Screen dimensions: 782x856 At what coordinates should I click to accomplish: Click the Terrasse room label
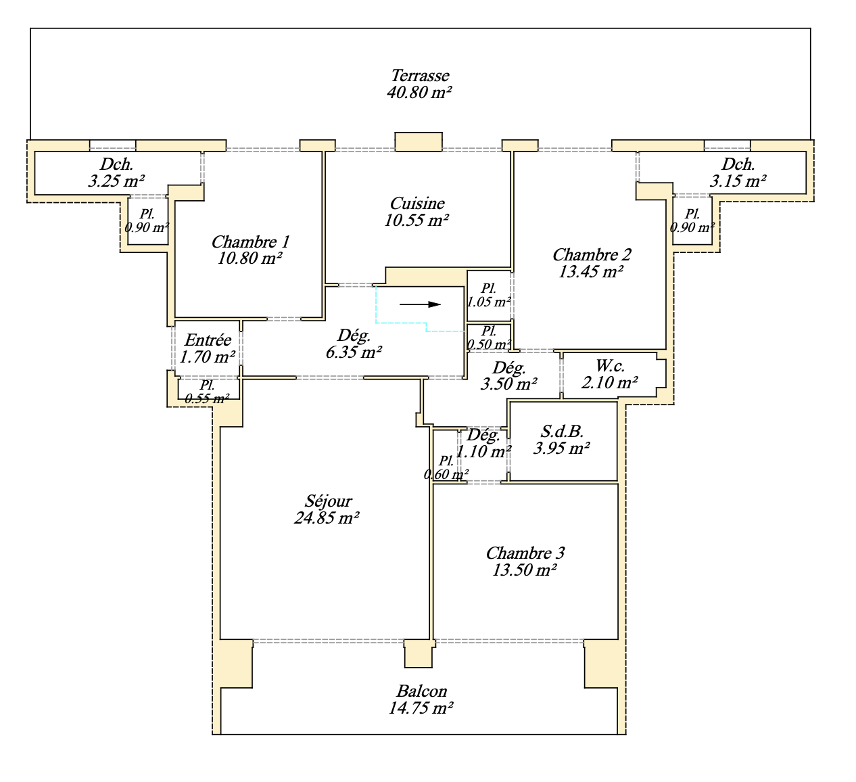tap(420, 76)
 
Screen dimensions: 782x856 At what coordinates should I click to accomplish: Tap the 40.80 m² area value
tap(419, 93)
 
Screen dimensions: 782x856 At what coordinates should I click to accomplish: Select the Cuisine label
tap(417, 204)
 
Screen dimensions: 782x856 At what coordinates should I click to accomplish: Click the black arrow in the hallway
tap(420, 304)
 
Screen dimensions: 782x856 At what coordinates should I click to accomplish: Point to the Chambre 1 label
tap(250, 242)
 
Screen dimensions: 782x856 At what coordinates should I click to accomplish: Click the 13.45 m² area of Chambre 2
tap(591, 272)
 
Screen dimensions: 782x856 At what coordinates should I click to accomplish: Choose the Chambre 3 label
tap(525, 553)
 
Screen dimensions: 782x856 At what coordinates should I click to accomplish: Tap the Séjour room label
tap(328, 501)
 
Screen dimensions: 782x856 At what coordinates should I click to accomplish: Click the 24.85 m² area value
tap(327, 518)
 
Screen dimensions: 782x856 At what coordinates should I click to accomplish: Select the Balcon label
tap(421, 691)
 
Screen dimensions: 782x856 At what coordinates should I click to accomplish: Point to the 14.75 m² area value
tap(421, 708)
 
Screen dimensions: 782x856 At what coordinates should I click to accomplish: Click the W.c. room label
tap(610, 367)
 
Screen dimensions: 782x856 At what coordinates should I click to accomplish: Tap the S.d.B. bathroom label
tap(562, 432)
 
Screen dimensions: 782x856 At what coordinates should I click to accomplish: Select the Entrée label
tap(208, 340)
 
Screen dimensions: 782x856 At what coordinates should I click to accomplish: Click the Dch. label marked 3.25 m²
tap(116, 164)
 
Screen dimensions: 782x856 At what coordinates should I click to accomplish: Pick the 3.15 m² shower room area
tap(738, 181)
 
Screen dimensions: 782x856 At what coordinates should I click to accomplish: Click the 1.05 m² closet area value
tap(489, 302)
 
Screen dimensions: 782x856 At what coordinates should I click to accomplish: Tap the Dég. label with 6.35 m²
tap(354, 336)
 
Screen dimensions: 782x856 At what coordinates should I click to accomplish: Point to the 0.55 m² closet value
tap(207, 399)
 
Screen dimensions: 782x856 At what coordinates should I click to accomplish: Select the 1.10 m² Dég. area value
tap(483, 451)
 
